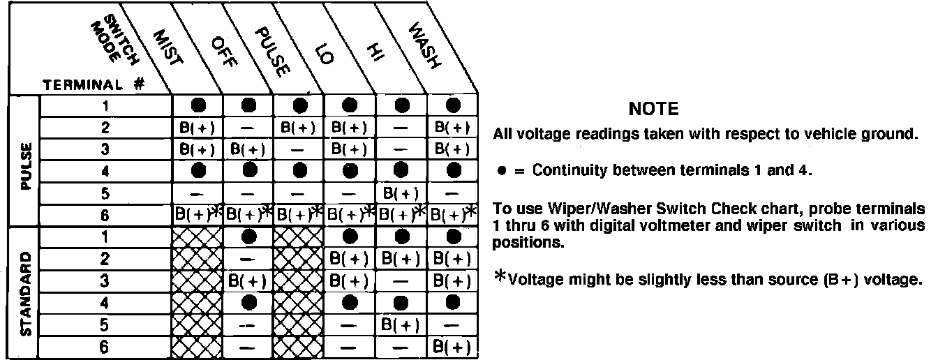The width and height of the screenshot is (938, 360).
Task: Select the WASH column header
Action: click(x=424, y=47)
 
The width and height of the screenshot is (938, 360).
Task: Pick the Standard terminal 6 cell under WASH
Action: click(x=452, y=347)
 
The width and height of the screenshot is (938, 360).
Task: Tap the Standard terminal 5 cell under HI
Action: click(x=401, y=325)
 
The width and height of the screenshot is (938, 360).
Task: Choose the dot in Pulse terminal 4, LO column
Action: click(x=350, y=170)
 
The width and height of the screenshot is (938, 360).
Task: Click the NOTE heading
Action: click(x=653, y=109)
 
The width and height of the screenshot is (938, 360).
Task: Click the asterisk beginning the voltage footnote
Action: click(x=500, y=278)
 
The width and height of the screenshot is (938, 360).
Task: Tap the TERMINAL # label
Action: click(x=93, y=85)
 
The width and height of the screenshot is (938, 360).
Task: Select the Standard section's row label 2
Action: click(x=105, y=259)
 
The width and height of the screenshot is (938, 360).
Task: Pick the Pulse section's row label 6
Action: click(x=105, y=216)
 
